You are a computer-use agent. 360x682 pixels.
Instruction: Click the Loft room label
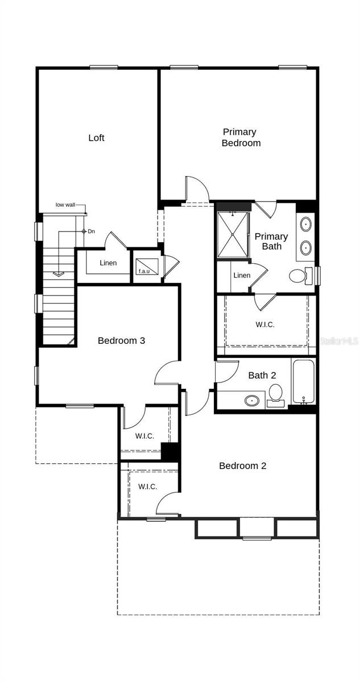click(96, 138)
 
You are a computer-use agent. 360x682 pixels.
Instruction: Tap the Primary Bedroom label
click(241, 138)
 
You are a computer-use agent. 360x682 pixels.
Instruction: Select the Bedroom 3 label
click(121, 340)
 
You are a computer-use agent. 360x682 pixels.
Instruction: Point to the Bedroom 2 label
click(243, 465)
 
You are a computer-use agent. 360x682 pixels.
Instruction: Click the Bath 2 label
click(262, 376)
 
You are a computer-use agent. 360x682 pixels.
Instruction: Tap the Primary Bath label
click(271, 241)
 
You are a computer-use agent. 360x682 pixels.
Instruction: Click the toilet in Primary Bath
click(301, 276)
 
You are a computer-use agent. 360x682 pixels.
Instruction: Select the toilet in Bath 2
click(276, 395)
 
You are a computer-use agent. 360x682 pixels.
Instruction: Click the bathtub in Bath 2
click(303, 382)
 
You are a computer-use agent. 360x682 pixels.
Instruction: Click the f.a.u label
click(144, 271)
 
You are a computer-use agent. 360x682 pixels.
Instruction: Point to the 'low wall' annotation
click(65, 205)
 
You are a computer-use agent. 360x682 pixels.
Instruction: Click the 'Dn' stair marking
click(92, 231)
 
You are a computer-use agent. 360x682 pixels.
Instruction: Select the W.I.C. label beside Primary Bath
click(265, 325)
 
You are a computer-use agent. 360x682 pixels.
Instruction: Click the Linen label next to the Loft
click(108, 263)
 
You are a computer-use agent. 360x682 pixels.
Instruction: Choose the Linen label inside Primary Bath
click(242, 275)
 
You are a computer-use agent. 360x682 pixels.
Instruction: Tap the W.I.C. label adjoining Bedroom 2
click(148, 486)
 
